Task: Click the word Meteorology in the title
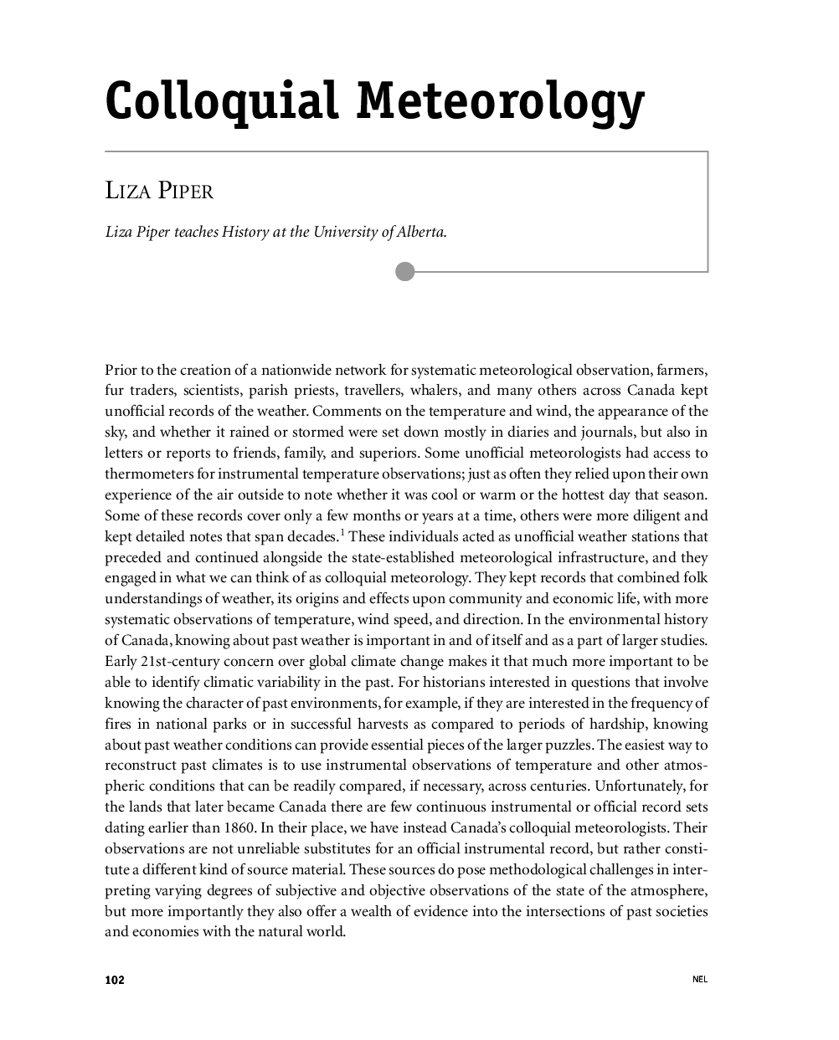tap(501, 103)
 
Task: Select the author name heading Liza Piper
tap(159, 191)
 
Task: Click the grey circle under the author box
tap(405, 271)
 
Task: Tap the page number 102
tap(115, 980)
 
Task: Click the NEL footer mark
tap(700, 980)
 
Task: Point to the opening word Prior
tap(121, 370)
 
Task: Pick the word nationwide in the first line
tap(298, 370)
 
